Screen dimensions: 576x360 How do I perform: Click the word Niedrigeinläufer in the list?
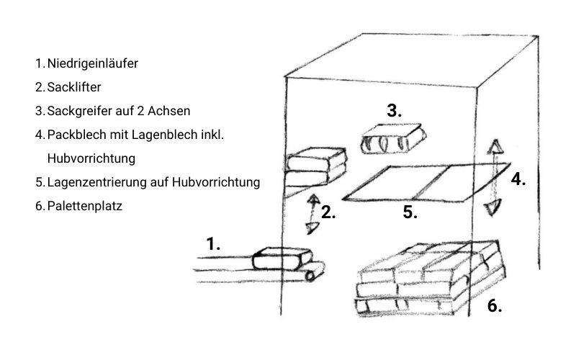pyautogui.click(x=93, y=63)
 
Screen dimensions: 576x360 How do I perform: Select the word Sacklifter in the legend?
pyautogui.click(x=74, y=87)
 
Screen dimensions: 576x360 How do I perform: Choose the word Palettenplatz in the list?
pyautogui.click(x=84, y=206)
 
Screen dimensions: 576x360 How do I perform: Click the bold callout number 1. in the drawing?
pyautogui.click(x=213, y=244)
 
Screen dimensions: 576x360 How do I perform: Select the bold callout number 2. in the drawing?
pyautogui.click(x=328, y=212)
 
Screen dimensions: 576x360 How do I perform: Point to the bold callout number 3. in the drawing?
pyautogui.click(x=394, y=111)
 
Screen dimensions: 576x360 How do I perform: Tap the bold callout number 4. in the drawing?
pyautogui.click(x=518, y=179)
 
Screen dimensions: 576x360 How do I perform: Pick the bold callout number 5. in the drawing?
pyautogui.click(x=410, y=212)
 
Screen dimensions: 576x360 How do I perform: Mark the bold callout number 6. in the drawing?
pyautogui.click(x=495, y=305)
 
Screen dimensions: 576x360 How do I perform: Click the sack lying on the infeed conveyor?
pyautogui.click(x=282, y=258)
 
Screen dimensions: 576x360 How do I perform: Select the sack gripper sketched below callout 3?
pyautogui.click(x=393, y=139)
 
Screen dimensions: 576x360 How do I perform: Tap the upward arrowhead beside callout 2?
pyautogui.click(x=313, y=199)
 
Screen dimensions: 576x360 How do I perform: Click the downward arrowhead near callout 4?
pyautogui.click(x=492, y=208)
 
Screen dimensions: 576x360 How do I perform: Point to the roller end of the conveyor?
pyautogui.click(x=315, y=271)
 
